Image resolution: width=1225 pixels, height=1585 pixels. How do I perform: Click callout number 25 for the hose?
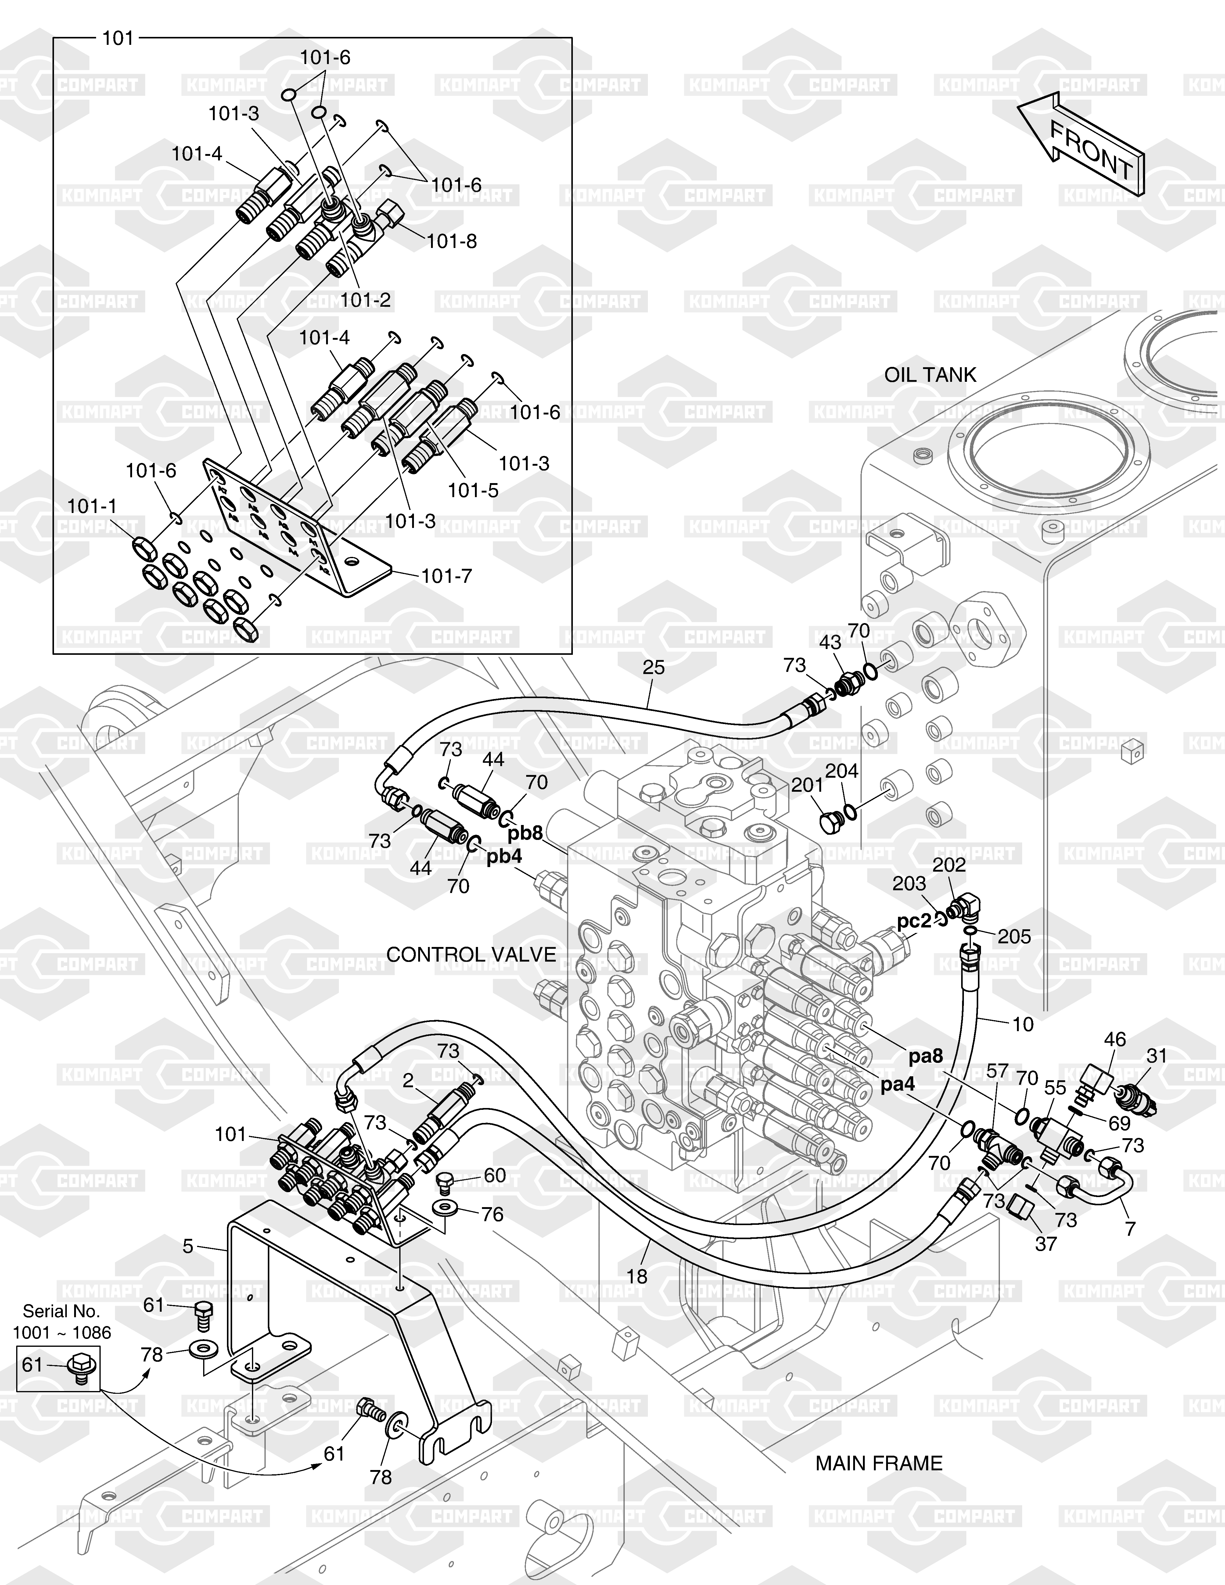(653, 667)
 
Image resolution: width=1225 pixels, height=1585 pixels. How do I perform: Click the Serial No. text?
(62, 1311)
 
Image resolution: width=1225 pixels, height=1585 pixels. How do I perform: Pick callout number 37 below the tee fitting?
(1046, 1244)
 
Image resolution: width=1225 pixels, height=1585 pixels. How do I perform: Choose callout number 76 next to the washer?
(492, 1214)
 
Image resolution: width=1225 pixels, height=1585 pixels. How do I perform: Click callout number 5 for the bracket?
(188, 1246)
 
